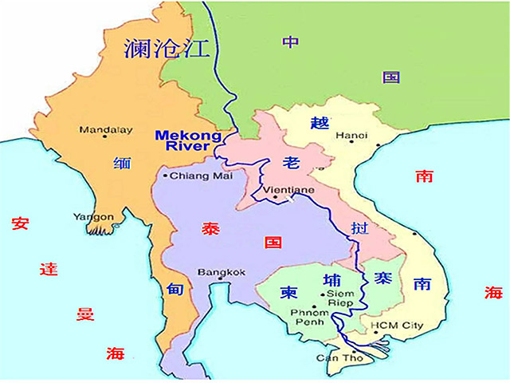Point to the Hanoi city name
352,136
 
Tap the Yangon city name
93,216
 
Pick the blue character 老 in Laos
291,164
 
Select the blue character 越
319,122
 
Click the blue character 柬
288,293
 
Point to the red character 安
21,223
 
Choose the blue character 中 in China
291,41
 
